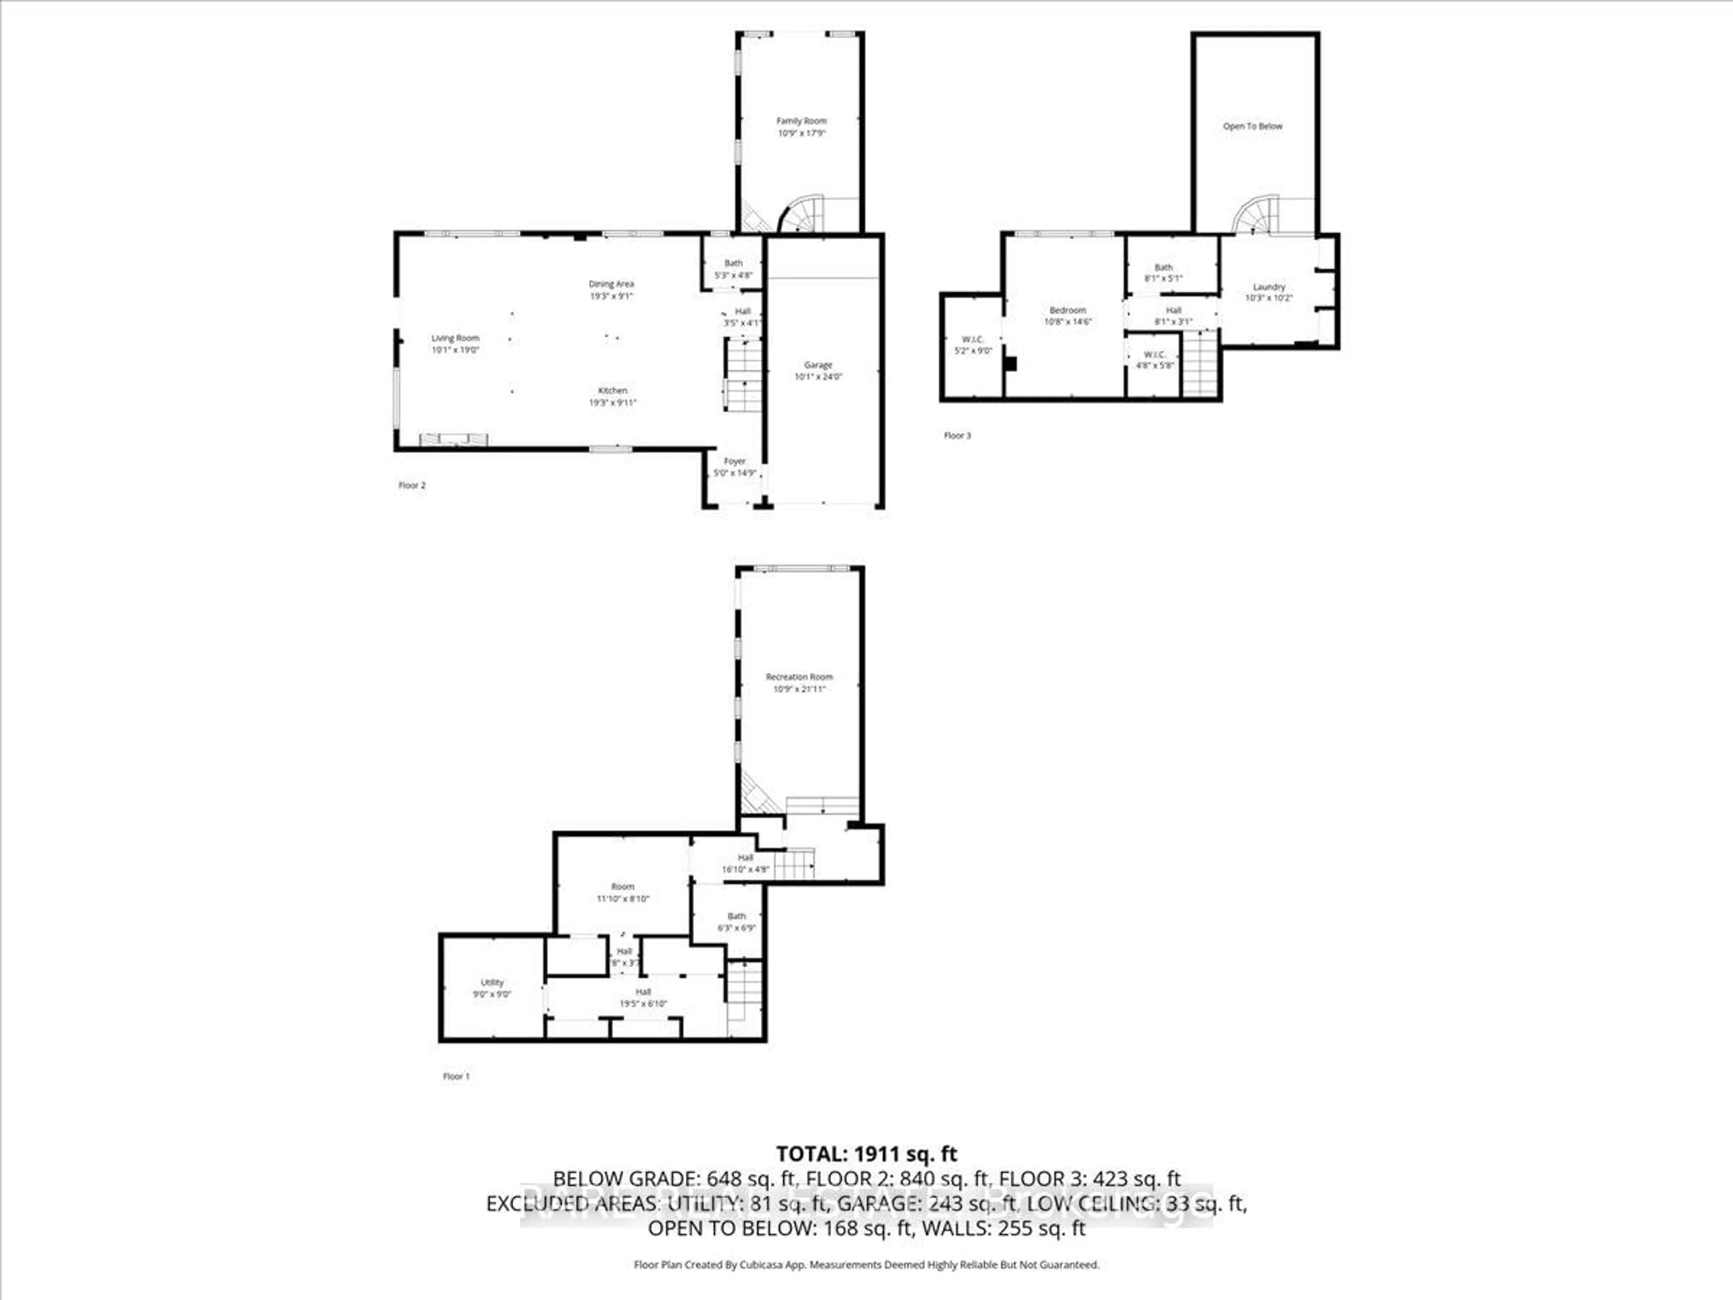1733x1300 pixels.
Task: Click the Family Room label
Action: click(801, 121)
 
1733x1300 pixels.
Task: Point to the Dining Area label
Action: click(611, 283)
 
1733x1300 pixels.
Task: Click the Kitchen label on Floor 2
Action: click(613, 390)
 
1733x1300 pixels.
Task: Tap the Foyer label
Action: click(734, 461)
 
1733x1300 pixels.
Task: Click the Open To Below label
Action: click(1253, 126)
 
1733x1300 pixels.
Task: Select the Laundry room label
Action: click(1269, 287)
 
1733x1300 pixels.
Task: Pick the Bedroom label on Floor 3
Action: click(1067, 310)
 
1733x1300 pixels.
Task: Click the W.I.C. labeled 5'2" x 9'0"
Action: click(972, 345)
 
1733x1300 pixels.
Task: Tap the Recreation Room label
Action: click(799, 676)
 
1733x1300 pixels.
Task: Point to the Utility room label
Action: click(492, 982)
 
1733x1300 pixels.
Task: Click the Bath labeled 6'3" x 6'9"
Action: click(737, 922)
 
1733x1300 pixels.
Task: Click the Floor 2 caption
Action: click(412, 485)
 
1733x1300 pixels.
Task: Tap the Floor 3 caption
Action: click(957, 436)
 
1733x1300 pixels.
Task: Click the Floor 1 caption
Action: click(456, 1077)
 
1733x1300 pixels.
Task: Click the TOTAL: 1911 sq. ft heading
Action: click(866, 1153)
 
